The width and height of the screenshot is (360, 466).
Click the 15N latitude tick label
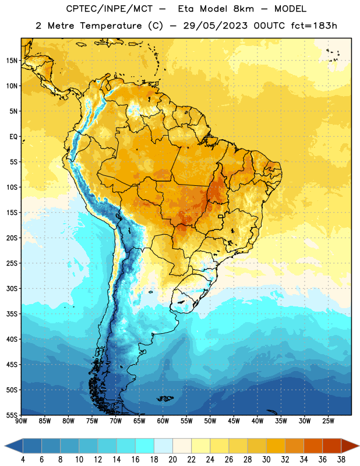(12, 61)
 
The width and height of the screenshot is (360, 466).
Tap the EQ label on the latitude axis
(13, 137)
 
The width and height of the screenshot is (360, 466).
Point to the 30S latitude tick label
(12, 289)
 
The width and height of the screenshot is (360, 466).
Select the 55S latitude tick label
(12, 415)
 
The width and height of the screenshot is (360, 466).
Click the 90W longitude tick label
(22, 421)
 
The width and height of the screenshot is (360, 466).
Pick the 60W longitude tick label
(163, 421)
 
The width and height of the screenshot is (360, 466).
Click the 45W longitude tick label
(234, 421)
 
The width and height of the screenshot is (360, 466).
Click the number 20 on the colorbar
(172, 460)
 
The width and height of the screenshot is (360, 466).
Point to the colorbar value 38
(341, 460)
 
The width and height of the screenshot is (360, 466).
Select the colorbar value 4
(23, 460)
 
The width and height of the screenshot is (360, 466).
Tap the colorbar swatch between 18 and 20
(163, 446)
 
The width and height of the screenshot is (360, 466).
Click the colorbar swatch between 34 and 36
(313, 446)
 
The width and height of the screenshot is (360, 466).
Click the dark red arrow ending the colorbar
(350, 446)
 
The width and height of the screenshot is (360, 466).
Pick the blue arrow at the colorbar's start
(14, 446)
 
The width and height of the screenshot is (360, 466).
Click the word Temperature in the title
(111, 26)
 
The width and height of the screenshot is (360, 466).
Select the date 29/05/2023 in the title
(215, 26)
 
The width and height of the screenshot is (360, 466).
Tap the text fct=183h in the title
(314, 26)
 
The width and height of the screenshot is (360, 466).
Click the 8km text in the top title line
(243, 9)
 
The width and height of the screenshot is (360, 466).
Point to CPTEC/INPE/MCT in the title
(110, 9)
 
